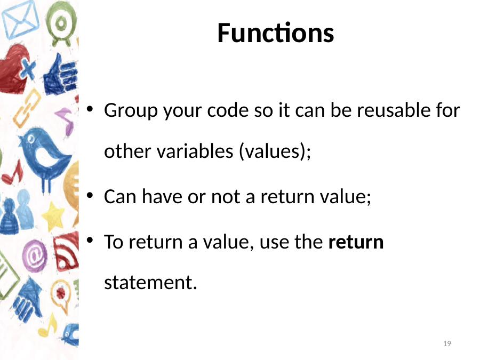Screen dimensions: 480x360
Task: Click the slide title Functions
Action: coord(276,33)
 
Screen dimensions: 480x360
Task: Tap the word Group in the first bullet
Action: coord(131,111)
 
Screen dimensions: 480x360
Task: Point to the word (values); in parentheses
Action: coord(275,151)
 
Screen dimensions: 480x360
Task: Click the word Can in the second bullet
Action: coord(120,196)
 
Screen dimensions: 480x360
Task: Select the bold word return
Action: coord(356,242)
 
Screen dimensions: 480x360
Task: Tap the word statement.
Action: coord(150,282)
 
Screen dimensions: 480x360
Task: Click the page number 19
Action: coord(447,343)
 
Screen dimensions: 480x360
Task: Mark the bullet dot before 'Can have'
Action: coord(90,196)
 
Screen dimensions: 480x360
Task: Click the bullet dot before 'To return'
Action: coord(90,240)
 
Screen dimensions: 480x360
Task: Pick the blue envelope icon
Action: coord(20,19)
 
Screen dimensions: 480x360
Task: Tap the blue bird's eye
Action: coord(31,140)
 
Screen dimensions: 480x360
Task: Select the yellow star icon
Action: coord(53,217)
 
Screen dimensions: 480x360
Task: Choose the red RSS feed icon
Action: coord(66,252)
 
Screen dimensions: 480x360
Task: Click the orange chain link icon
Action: coord(27,108)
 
